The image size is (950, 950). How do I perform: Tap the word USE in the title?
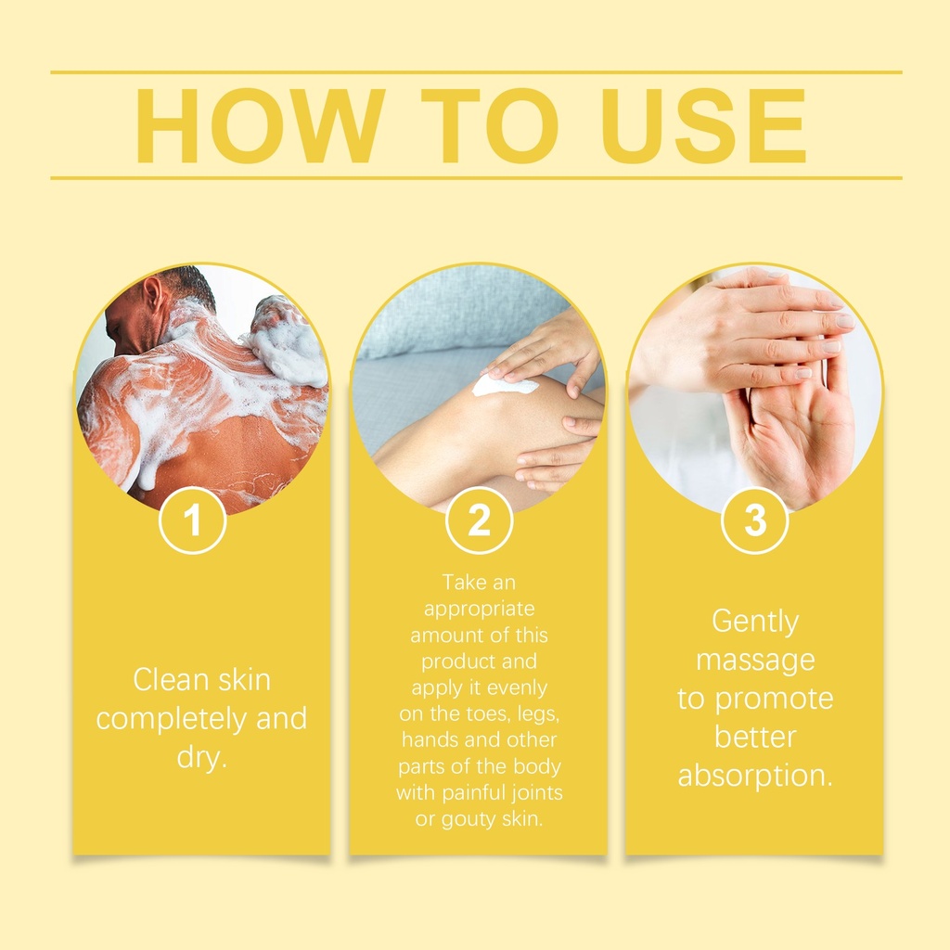[x=703, y=126]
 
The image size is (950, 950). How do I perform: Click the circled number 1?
[x=193, y=520]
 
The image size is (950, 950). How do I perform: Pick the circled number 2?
[x=480, y=520]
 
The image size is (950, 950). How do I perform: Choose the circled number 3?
[x=755, y=520]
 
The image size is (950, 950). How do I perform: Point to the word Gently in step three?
[x=755, y=623]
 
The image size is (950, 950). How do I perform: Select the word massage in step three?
[x=755, y=661]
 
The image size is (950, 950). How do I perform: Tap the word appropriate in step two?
[x=480, y=610]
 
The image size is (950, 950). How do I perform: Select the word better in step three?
[x=755, y=738]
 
